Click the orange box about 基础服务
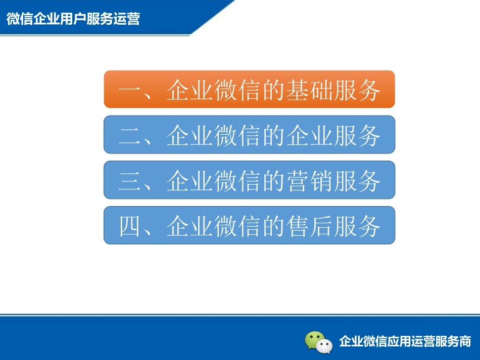tap(249, 89)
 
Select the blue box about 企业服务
tap(249, 134)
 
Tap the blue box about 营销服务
tap(249, 180)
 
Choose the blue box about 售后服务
tap(249, 225)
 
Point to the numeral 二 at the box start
tap(131, 136)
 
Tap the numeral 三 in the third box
tap(131, 181)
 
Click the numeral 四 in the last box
tap(131, 226)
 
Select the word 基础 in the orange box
tap(309, 90)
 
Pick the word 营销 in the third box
tap(309, 181)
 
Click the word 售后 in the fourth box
tap(309, 226)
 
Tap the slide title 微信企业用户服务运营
tap(73, 19)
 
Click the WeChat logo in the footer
tap(319, 342)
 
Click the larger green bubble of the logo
tap(314, 338)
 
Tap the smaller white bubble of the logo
tap(325, 346)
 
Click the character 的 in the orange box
tap(273, 90)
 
